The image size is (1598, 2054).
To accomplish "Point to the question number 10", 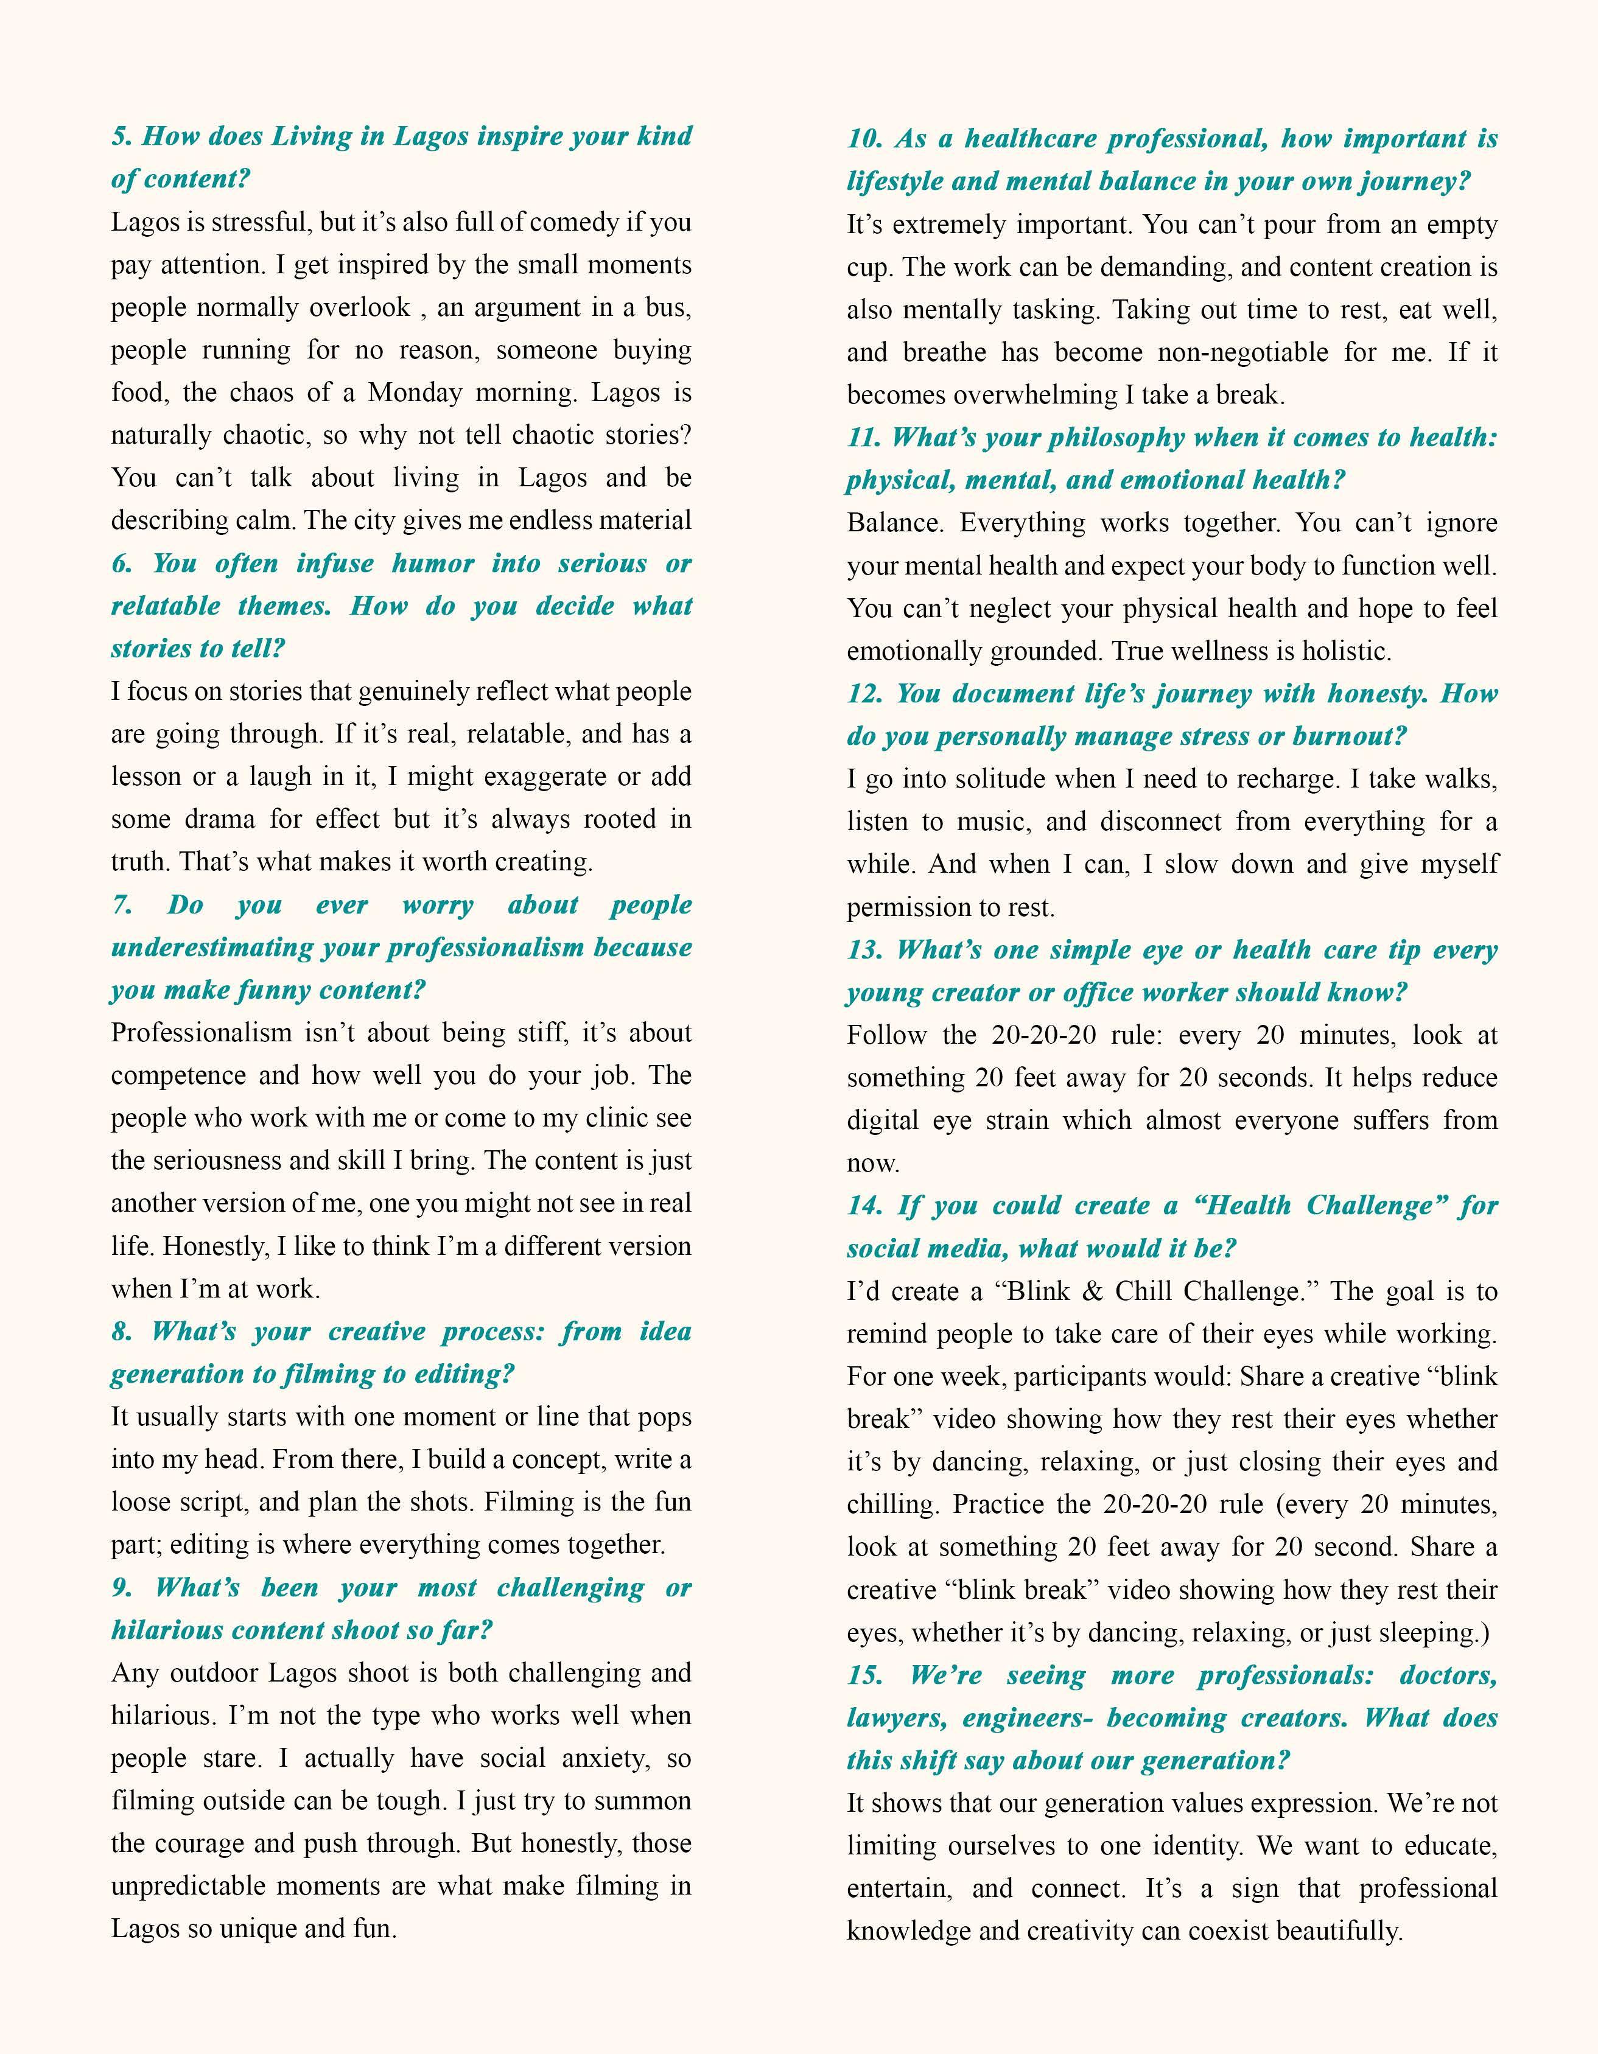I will pyautogui.click(x=863, y=139).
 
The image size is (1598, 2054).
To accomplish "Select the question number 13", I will pyautogui.click(x=863, y=950).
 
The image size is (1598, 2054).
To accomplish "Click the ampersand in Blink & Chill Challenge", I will pyautogui.click(x=1092, y=1291).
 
